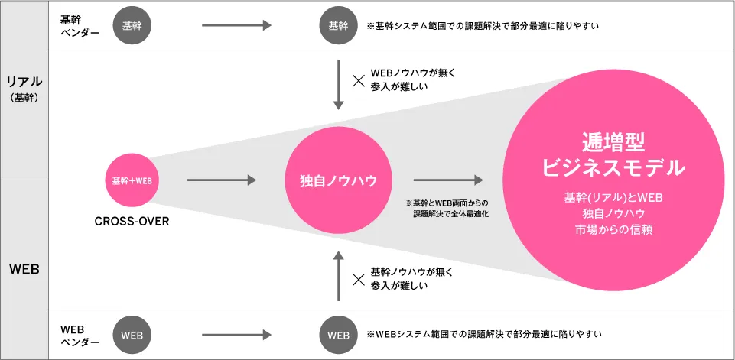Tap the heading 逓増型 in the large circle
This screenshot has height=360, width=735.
613,142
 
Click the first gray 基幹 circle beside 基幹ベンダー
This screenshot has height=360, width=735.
132,25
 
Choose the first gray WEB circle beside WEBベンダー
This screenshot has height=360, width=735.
132,335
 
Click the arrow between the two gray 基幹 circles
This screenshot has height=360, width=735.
236,25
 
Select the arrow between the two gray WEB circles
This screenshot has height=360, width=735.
236,335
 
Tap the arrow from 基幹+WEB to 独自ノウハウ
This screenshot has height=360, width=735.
221,180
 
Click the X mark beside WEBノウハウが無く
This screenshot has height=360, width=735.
357,79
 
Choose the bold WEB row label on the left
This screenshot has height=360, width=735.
24,269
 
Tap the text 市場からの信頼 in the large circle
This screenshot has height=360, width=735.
613,229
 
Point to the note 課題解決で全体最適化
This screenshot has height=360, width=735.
451,214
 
